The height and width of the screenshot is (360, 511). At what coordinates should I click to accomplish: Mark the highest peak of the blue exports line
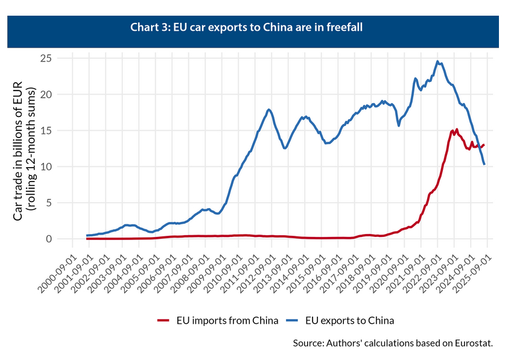coord(438,61)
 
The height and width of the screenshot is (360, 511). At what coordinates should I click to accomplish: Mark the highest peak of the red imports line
coord(457,129)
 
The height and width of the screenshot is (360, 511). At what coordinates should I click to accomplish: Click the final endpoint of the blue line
coord(484,164)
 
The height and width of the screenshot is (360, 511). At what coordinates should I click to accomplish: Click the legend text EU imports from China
coord(227,320)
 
